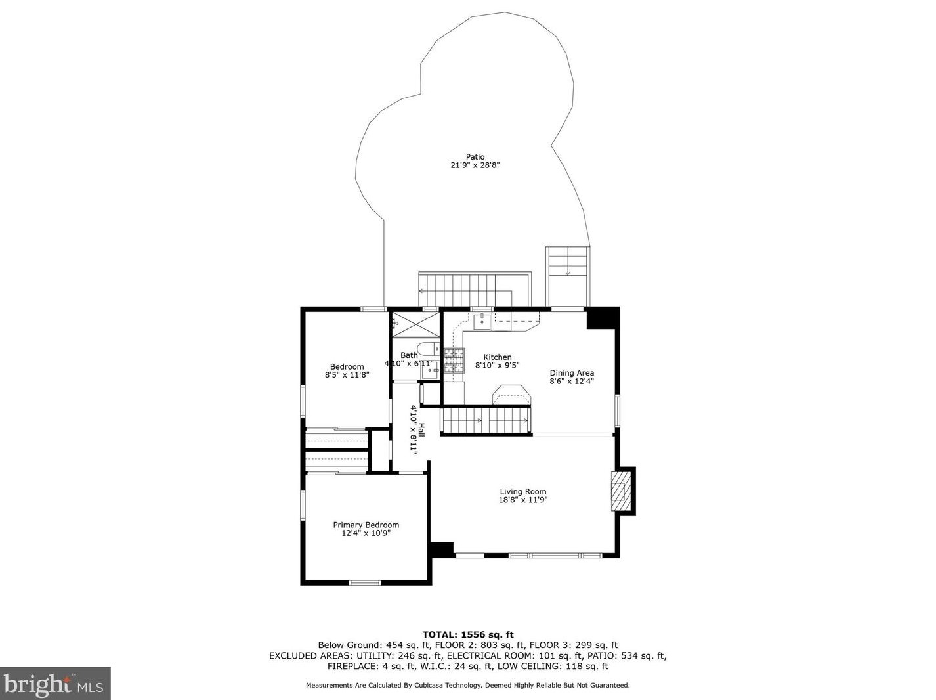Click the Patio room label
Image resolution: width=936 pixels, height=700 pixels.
[x=475, y=157]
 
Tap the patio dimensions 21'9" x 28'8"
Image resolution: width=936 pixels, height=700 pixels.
[x=475, y=166]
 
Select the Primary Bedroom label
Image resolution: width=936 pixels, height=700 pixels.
[x=366, y=525]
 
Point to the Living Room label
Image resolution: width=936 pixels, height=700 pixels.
[x=522, y=491]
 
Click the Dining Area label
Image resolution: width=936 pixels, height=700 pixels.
[x=571, y=373]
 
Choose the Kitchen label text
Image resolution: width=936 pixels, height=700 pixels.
[x=497, y=357]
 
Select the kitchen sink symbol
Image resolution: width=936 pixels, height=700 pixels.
[x=482, y=320]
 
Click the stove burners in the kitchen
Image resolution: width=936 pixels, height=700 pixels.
[x=454, y=361]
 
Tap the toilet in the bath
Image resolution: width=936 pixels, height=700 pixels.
[x=429, y=349]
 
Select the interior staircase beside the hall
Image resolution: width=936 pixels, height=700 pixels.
[x=486, y=420]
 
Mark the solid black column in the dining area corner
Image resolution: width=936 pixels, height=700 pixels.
[x=602, y=318]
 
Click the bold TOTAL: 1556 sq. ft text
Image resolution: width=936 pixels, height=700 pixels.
[x=467, y=634]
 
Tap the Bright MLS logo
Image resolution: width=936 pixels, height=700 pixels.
[x=55, y=684]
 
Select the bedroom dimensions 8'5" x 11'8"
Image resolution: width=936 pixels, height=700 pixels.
[x=347, y=376]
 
